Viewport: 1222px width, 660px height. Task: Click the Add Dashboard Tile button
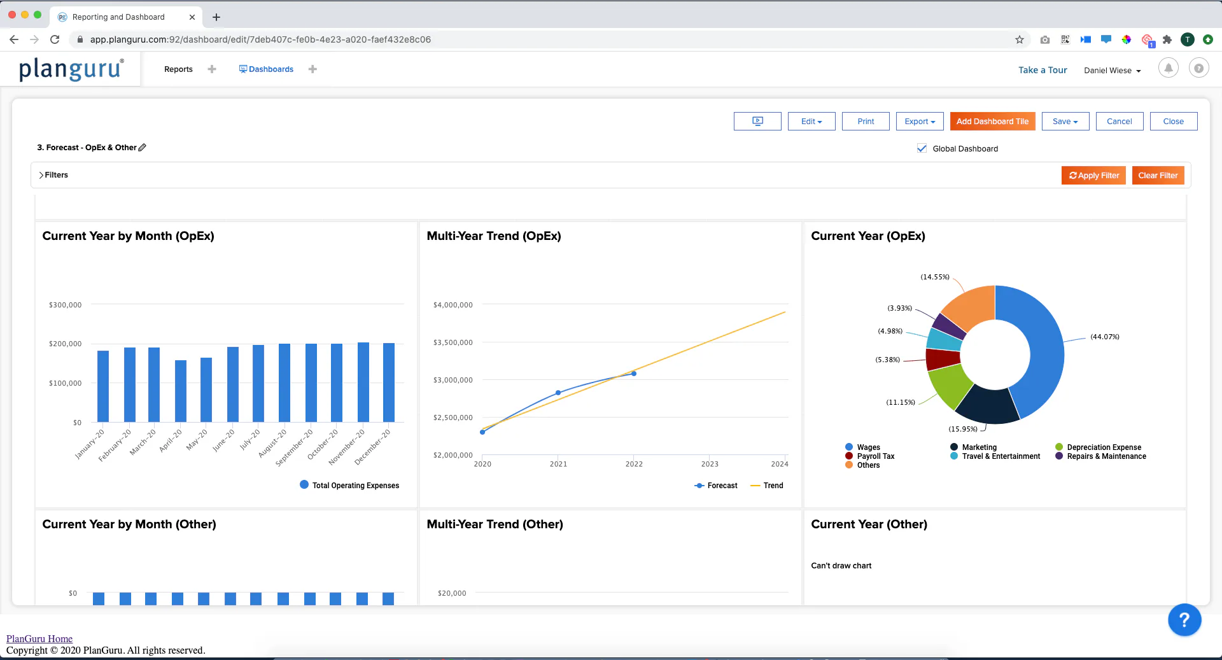[x=992, y=122]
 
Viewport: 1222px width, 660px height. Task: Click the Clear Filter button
[x=1158, y=176]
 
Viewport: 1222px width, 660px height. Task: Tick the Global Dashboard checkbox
[x=922, y=148]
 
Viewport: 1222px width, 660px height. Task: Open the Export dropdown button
[x=920, y=122]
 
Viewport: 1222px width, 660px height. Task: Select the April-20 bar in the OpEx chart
[x=181, y=391]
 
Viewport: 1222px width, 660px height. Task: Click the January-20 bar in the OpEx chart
[x=103, y=386]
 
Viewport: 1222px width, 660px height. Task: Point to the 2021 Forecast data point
[x=558, y=393]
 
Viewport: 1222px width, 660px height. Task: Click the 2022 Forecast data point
[x=634, y=374]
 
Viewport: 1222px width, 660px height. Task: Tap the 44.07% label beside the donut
[x=1105, y=337]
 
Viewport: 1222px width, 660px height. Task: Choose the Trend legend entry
[x=767, y=486]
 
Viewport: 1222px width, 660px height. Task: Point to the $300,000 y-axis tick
[x=65, y=305]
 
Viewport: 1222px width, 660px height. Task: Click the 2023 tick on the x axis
[x=710, y=464]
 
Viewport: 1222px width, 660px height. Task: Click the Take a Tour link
[x=1043, y=70]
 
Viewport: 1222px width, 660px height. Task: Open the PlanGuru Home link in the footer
[x=39, y=638]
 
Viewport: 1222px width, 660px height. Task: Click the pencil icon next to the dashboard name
[x=143, y=147]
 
